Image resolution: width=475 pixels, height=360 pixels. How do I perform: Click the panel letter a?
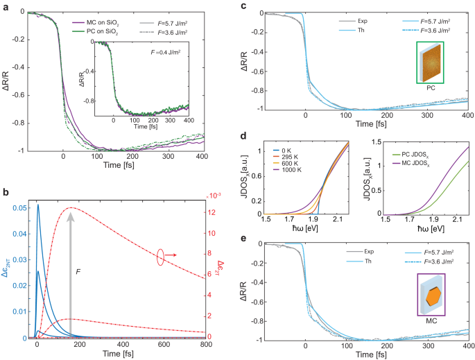(x=5, y=6)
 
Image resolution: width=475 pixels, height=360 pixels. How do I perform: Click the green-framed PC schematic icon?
(x=430, y=62)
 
